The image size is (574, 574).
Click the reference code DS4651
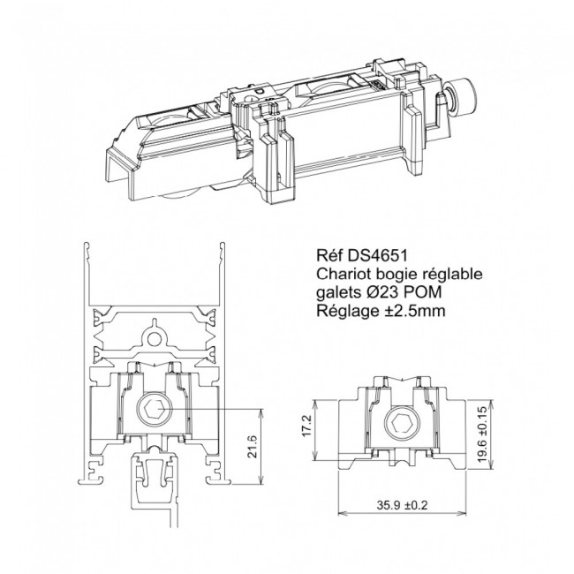tap(378, 255)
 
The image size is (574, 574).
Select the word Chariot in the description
tap(337, 274)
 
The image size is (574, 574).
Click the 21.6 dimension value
tap(253, 446)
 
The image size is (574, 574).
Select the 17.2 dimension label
tap(306, 425)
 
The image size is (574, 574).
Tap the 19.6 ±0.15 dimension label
tap(483, 434)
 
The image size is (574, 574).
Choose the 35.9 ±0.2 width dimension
tap(402, 505)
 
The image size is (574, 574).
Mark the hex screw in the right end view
tap(402, 425)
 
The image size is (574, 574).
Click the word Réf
tap(330, 255)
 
